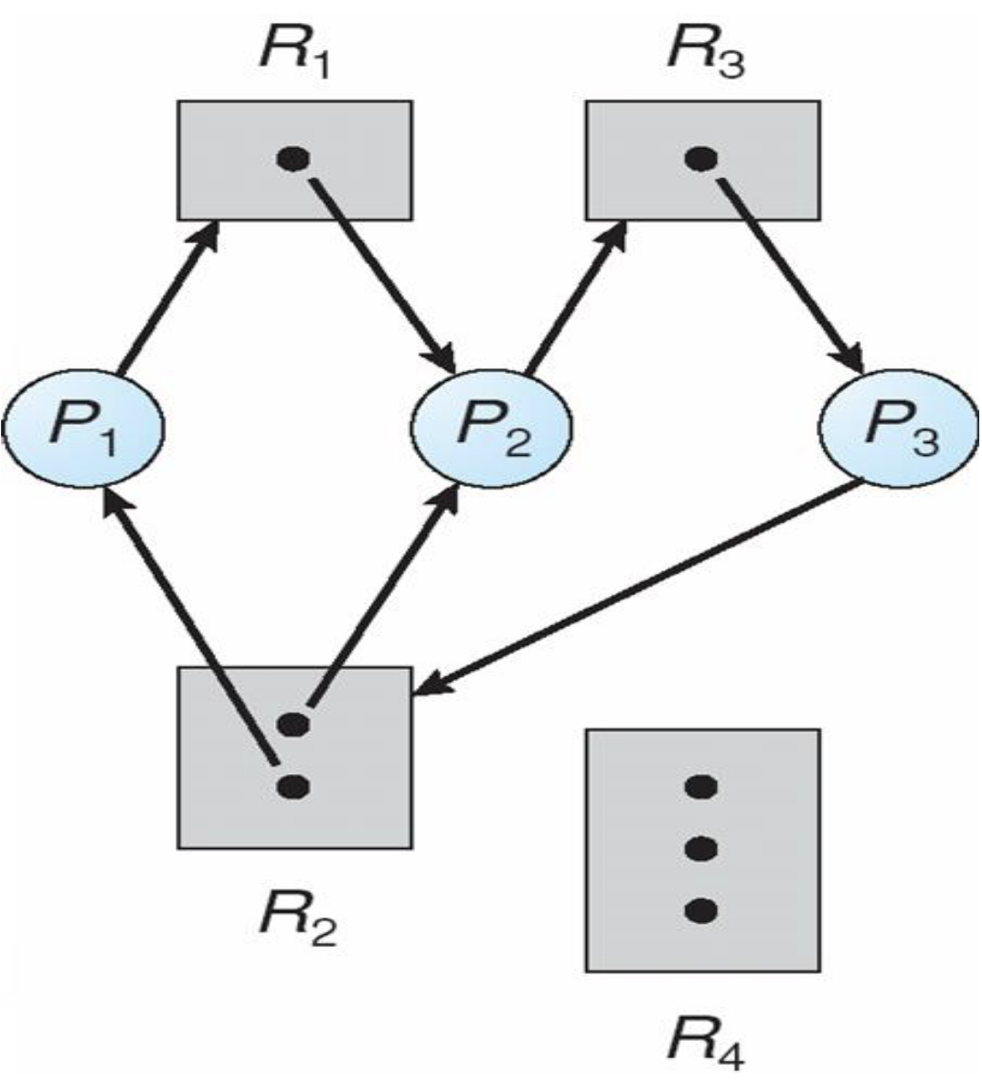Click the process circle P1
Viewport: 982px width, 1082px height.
(83, 427)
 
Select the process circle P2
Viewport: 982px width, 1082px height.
(492, 427)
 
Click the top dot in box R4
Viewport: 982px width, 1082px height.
(700, 786)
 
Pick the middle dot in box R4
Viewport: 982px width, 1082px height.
(700, 850)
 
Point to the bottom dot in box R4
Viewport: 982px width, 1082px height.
(700, 911)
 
